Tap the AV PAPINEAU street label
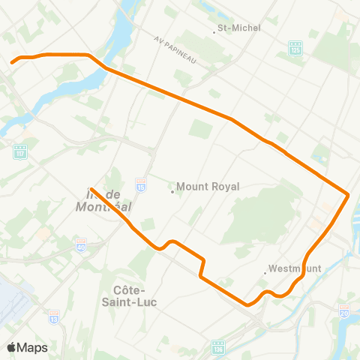click(175, 49)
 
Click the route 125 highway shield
click(295, 49)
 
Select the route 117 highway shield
click(20, 151)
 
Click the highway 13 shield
click(54, 317)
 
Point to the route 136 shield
click(218, 348)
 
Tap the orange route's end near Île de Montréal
click(91, 189)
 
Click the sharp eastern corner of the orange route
click(349, 195)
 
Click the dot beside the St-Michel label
click(213, 28)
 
